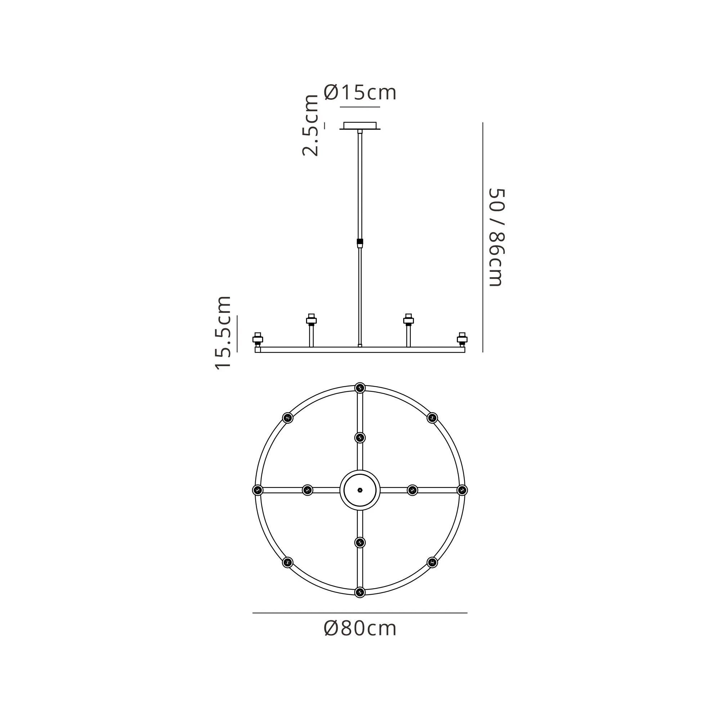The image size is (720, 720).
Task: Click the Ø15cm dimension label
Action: [x=360, y=93]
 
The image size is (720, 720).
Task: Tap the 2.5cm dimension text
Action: [x=310, y=125]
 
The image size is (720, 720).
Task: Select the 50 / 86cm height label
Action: [x=496, y=237]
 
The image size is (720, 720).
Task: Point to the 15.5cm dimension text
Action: [x=223, y=332]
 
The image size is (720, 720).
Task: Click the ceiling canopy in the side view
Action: [x=360, y=126]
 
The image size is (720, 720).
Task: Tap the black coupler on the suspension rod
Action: [x=360, y=243]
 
